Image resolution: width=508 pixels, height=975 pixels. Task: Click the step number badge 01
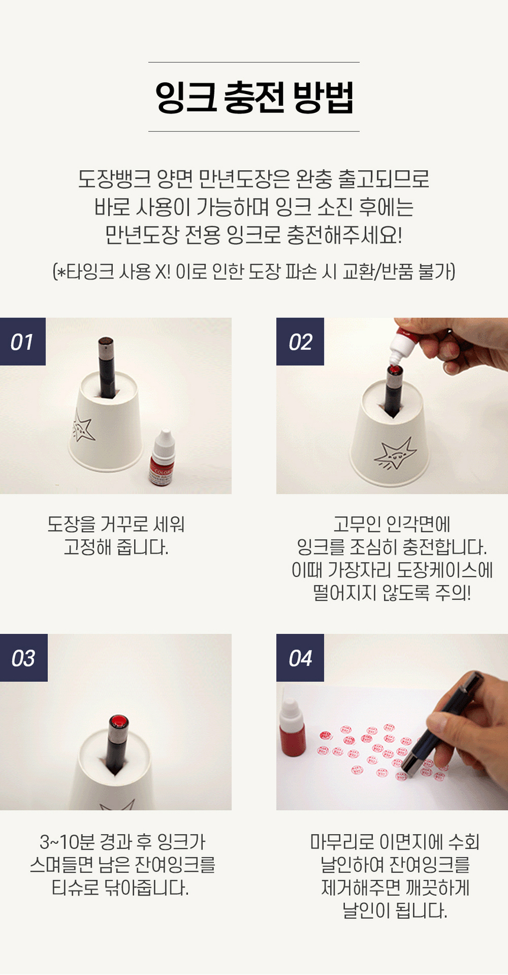[22, 342]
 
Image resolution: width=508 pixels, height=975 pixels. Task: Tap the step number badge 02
[299, 342]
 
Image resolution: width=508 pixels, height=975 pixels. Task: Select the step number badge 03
[23, 658]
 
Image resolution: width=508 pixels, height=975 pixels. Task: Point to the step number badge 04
[299, 658]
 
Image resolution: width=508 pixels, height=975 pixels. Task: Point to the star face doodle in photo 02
[395, 455]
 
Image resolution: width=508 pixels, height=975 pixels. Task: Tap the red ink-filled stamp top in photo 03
[119, 722]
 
